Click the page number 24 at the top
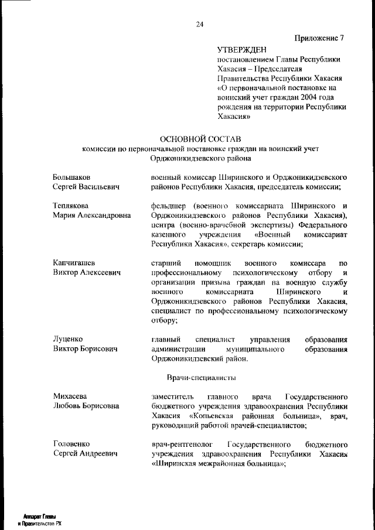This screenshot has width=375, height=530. coord(200,24)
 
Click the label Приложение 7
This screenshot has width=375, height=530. coord(319,39)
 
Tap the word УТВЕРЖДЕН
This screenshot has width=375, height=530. coord(242,50)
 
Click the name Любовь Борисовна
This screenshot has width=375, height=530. coord(86,406)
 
